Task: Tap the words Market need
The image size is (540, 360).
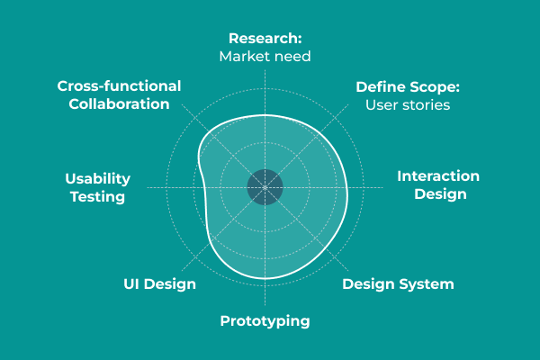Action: click(x=265, y=57)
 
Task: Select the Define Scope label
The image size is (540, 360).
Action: click(x=408, y=87)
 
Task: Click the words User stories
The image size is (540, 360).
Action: click(x=408, y=105)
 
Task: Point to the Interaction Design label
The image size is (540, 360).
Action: click(x=438, y=184)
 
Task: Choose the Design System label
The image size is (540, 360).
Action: click(x=398, y=284)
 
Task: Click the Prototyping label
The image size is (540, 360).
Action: click(x=265, y=320)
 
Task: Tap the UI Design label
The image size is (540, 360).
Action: click(x=159, y=284)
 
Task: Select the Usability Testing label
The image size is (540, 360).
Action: click(x=97, y=187)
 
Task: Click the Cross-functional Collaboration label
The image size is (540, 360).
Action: click(x=119, y=94)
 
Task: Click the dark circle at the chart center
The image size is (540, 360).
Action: click(x=265, y=187)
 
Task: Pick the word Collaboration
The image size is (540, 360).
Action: click(x=119, y=103)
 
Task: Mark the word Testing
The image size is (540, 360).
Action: click(x=97, y=196)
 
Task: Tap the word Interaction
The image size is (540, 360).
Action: click(x=438, y=175)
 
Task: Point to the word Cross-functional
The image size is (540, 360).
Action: click(x=119, y=85)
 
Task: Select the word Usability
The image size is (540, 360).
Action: click(x=97, y=178)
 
